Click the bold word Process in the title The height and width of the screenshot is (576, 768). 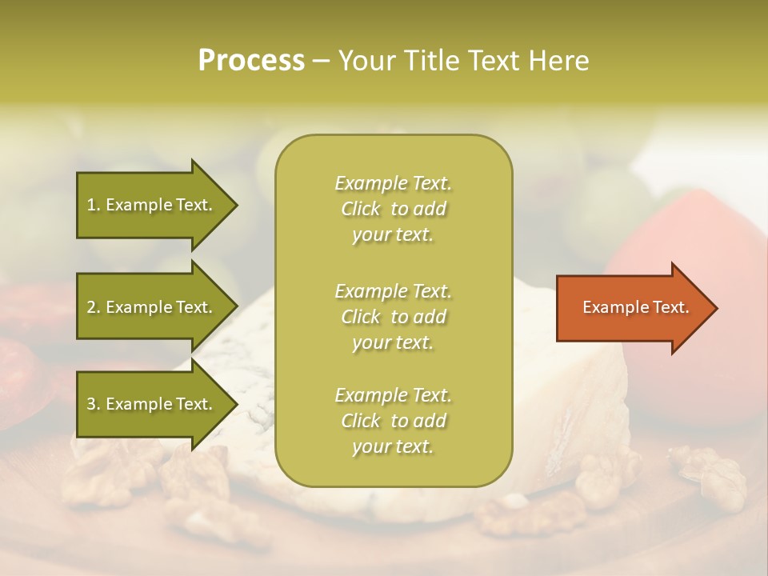pyautogui.click(x=251, y=61)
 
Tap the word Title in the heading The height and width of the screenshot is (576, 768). pyautogui.click(x=431, y=61)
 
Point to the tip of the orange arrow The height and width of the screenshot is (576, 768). pyautogui.click(x=715, y=308)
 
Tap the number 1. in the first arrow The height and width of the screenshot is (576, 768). pyautogui.click(x=94, y=205)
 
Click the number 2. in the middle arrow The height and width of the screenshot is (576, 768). pyautogui.click(x=94, y=307)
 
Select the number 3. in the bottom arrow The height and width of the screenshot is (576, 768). pyautogui.click(x=94, y=404)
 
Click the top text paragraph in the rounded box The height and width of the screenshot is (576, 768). pyautogui.click(x=393, y=209)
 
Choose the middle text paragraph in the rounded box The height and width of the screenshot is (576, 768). pyautogui.click(x=393, y=317)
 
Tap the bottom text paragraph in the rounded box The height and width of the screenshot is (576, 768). pyautogui.click(x=393, y=421)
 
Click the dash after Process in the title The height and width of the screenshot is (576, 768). pyautogui.click(x=322, y=62)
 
